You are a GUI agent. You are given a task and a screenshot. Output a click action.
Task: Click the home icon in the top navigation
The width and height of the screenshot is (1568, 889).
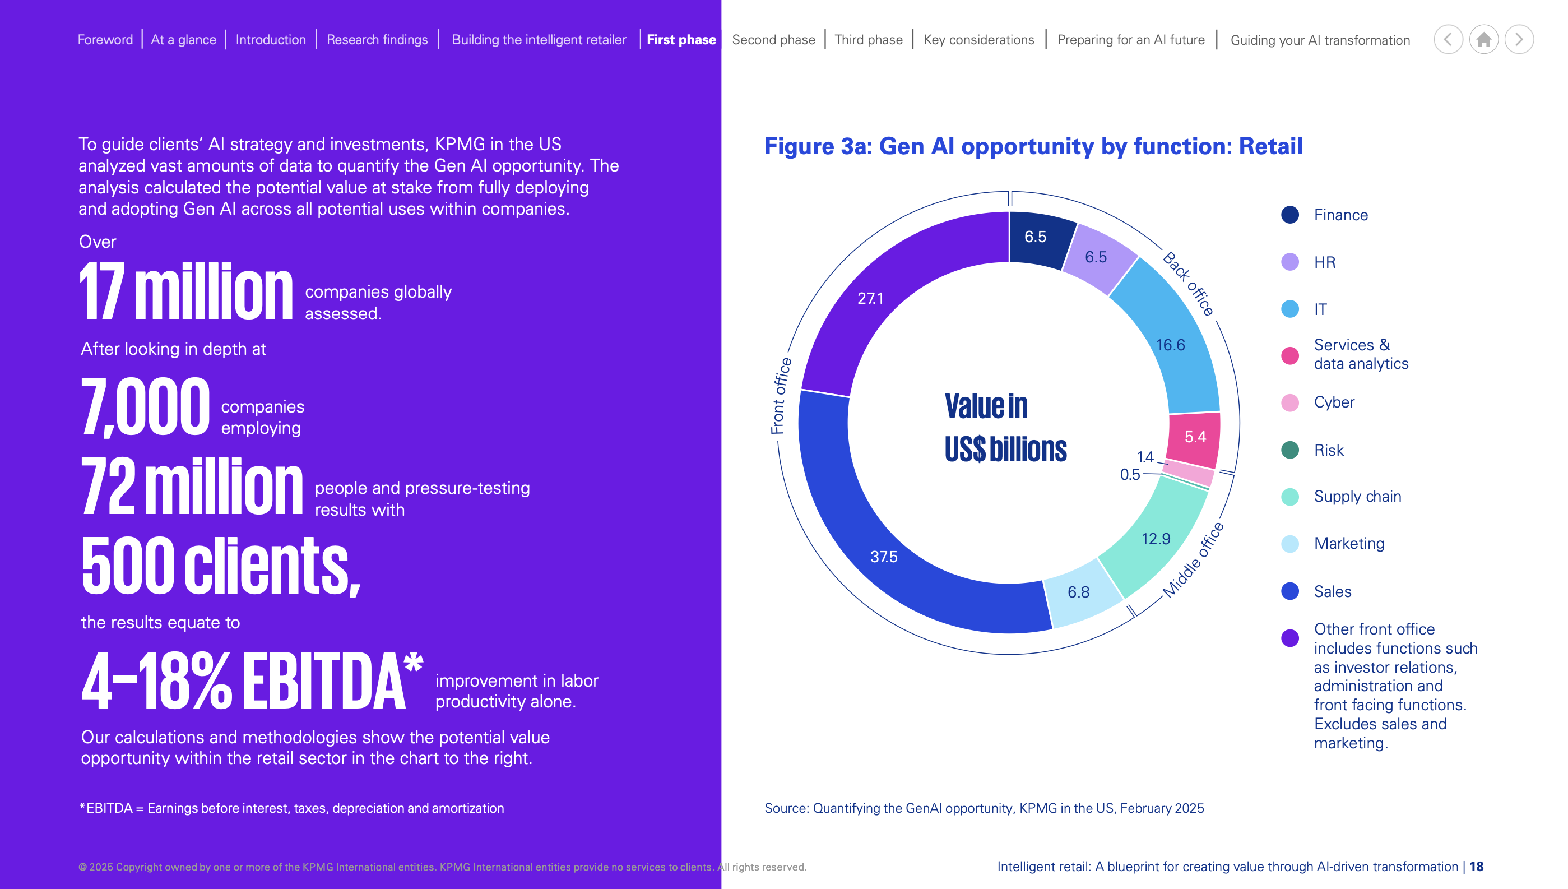pos(1483,40)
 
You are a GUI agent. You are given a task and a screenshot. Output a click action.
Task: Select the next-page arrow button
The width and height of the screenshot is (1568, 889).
pos(1519,40)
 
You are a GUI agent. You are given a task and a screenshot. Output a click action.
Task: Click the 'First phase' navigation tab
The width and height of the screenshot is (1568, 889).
pos(681,40)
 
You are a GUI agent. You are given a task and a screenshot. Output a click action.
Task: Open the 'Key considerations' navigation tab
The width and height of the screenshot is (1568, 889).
pos(978,40)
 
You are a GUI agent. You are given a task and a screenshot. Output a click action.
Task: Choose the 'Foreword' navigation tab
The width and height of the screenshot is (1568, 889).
pos(105,40)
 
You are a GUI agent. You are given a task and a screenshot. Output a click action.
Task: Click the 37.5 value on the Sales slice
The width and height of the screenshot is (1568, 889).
pos(883,557)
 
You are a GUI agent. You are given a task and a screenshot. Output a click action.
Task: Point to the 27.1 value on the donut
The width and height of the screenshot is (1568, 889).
pos(870,298)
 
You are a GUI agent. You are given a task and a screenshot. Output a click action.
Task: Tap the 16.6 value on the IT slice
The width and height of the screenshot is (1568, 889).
pos(1170,345)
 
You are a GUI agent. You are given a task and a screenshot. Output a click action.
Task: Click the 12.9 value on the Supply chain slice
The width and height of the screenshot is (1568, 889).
pos(1156,539)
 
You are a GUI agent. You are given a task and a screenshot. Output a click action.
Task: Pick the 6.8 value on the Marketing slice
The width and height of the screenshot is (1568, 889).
pos(1078,592)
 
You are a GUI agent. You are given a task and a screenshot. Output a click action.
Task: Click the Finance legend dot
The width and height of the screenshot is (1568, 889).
pos(1289,215)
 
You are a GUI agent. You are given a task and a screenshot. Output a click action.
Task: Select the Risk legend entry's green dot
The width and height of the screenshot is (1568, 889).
pos(1289,450)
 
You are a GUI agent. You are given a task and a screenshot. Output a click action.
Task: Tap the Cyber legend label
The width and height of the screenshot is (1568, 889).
pos(1334,402)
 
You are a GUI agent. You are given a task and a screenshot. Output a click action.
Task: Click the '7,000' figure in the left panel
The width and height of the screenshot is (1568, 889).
pos(145,406)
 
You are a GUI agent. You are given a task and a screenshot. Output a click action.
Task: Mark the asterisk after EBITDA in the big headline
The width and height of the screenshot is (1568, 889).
pos(413,662)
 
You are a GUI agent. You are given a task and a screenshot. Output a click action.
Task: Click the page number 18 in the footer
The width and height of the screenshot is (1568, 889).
pos(1476,867)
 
